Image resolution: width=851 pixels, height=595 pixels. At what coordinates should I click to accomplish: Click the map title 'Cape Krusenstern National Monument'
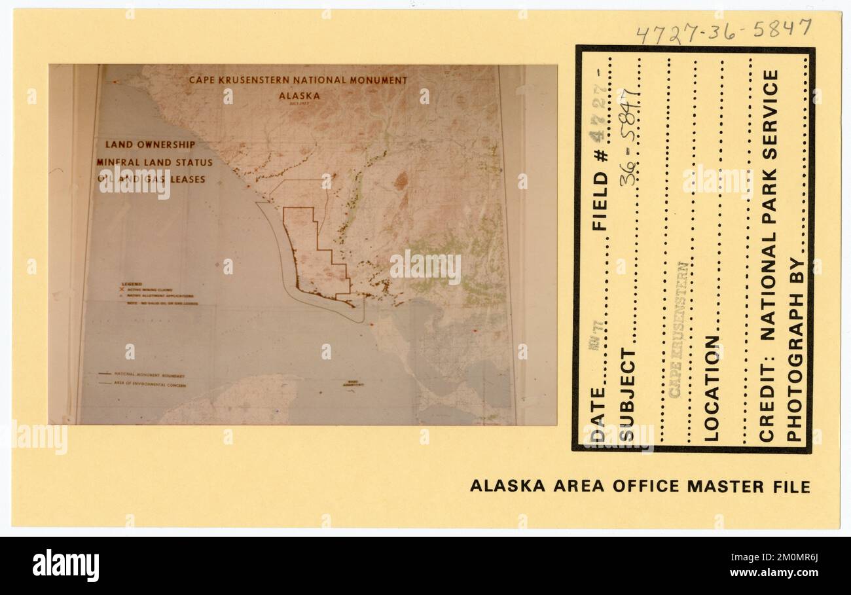[298, 81]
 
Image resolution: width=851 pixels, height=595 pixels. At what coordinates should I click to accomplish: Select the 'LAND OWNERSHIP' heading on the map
[150, 145]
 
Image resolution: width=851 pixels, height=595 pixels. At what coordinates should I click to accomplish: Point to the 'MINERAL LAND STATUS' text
[154, 162]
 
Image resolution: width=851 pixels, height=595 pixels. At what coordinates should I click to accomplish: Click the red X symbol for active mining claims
[122, 289]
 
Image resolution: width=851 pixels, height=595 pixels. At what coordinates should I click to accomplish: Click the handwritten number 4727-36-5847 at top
[723, 30]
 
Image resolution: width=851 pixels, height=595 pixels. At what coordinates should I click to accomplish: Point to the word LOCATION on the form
[712, 388]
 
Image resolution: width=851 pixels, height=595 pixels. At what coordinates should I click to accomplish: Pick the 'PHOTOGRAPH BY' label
[794, 350]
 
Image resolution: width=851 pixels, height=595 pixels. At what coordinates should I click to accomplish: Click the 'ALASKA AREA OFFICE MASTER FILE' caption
[640, 486]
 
